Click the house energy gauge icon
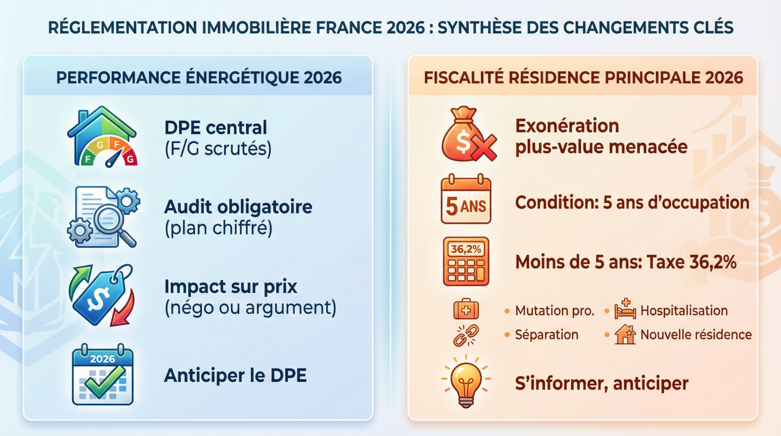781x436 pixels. pos(102,137)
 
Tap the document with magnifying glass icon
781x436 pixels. pos(103,216)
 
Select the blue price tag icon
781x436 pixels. pos(101,295)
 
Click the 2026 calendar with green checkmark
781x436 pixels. pos(103,375)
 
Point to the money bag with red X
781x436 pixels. pos(468,135)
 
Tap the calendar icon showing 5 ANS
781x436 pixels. pos(466,200)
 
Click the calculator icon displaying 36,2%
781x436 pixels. pos(466,262)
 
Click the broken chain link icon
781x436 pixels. pos(466,335)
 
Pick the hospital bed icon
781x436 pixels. pos(625,310)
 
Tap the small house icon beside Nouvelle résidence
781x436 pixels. pos(625,335)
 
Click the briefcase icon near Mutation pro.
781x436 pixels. pos(466,310)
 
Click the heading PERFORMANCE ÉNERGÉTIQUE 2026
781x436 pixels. pos(199,78)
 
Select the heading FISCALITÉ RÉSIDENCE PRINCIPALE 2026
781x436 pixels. pos(583,78)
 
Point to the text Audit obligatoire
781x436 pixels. pos(238,207)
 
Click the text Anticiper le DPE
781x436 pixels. pos(235,375)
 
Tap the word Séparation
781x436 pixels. pos(547,335)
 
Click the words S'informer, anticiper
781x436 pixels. pos(601,384)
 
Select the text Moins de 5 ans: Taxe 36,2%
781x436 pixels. pos(626,262)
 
